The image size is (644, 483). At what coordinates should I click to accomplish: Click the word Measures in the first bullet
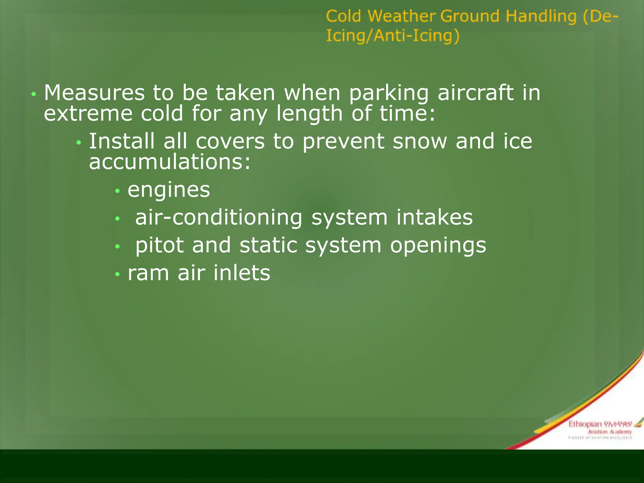pos(94,93)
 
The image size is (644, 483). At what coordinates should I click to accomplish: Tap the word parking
pos(389,94)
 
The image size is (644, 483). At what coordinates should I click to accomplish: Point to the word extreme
pos(88,114)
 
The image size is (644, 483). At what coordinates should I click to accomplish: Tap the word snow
pos(420,142)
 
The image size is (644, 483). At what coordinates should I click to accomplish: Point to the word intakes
pos(434,218)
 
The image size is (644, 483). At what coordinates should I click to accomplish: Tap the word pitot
pos(159,246)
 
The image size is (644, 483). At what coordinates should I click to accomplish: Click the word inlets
pos(242,273)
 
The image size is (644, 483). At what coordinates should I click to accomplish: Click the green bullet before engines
pos(118,191)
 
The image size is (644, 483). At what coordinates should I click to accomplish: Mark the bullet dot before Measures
pos(34,94)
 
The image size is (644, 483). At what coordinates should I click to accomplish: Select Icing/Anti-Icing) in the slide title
pos(393,36)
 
